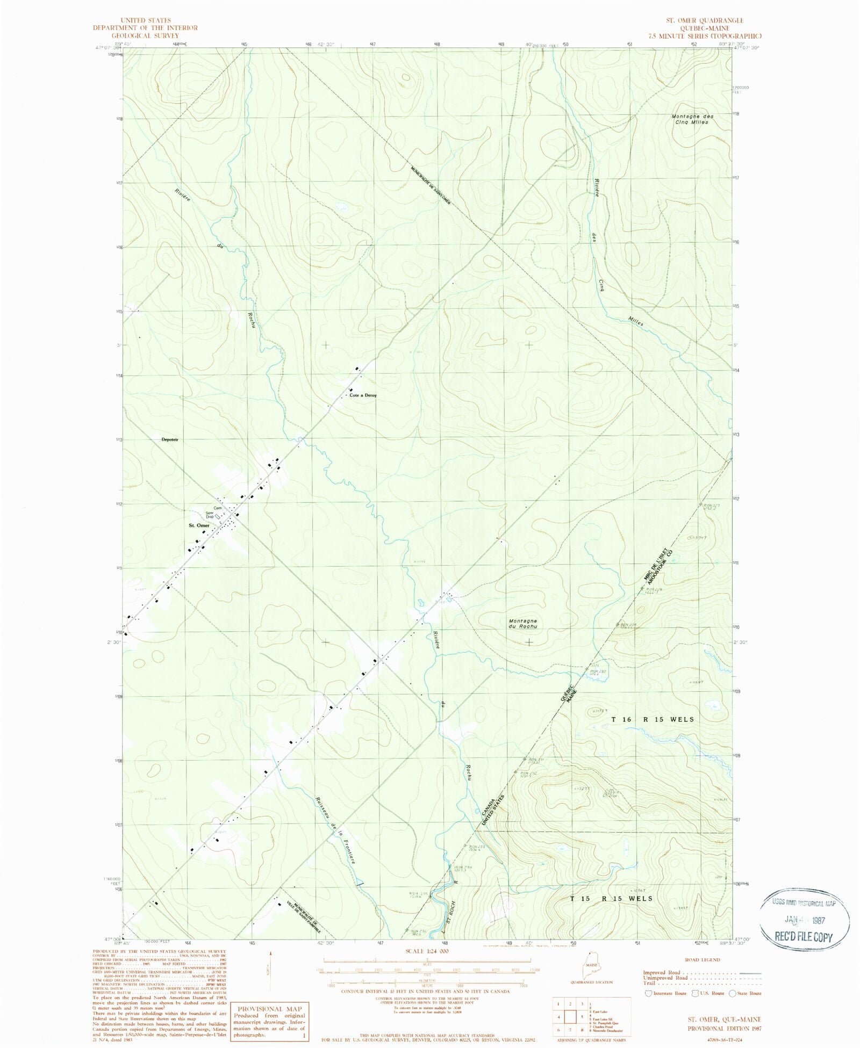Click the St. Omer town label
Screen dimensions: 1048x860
point(199,525)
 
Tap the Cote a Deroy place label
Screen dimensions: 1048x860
point(363,395)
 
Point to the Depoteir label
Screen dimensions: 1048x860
point(169,439)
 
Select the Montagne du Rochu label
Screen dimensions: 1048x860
point(522,624)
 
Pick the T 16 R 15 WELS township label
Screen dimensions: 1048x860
point(653,719)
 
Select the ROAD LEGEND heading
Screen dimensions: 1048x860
point(703,959)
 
